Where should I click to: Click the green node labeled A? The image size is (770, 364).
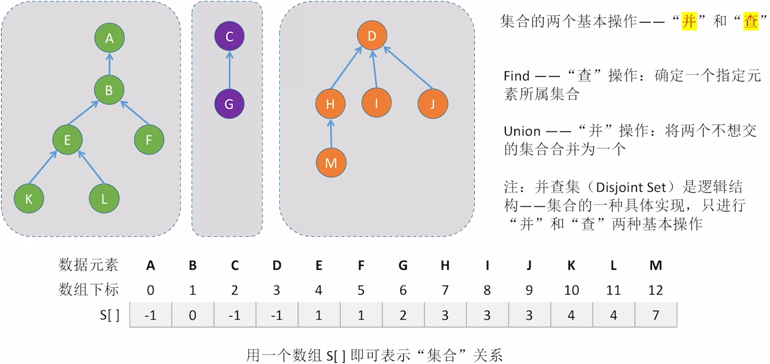[x=110, y=38]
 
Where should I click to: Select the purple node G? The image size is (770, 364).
[x=229, y=104]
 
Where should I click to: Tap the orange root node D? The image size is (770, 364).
[x=372, y=36]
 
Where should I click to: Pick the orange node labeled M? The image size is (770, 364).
[x=331, y=163]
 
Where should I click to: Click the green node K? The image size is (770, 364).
[x=29, y=199]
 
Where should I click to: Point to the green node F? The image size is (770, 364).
[x=149, y=140]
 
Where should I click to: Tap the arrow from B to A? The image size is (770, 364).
[x=110, y=64]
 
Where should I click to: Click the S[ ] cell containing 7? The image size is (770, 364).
[x=656, y=315]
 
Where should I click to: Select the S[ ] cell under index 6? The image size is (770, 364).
[x=403, y=315]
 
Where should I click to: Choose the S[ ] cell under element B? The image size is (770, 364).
[x=192, y=315]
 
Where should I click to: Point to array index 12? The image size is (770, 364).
[x=656, y=290]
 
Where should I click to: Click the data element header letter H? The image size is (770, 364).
[x=445, y=265]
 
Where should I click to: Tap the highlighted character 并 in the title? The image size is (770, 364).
[x=689, y=21]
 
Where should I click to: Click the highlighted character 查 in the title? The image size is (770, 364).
[x=750, y=21]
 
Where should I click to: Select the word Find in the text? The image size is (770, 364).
[x=517, y=76]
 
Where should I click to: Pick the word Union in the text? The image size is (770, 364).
[x=522, y=131]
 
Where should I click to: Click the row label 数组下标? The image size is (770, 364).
[x=88, y=290]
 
